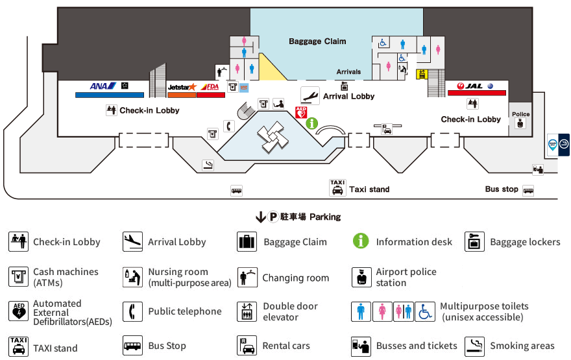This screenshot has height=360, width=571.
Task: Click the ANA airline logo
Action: [103, 86]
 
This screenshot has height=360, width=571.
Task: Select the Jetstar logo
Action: [182, 86]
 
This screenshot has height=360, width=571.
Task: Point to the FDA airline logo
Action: [211, 86]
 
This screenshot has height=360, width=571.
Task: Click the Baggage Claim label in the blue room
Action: [317, 42]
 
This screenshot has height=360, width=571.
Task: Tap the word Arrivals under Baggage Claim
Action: [348, 72]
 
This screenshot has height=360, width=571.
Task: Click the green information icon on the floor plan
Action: [311, 123]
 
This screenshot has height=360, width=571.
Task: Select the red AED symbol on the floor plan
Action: [301, 112]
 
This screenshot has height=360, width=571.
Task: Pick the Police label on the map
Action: [520, 114]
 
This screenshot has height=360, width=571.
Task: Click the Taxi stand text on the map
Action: [369, 189]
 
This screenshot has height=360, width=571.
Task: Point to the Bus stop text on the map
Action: [502, 189]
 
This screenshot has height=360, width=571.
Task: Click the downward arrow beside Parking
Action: [261, 217]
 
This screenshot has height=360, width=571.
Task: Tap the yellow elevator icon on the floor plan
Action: [421, 74]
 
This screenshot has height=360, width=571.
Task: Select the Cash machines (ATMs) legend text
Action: [66, 277]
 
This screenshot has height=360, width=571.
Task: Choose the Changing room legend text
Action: [295, 278]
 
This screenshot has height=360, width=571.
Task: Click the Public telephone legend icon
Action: [132, 311]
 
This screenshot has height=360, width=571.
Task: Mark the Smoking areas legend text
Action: [522, 346]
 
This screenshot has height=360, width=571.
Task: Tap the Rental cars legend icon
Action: [247, 346]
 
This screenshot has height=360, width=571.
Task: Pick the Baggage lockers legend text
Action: [525, 242]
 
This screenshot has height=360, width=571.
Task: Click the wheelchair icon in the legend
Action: [425, 311]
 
